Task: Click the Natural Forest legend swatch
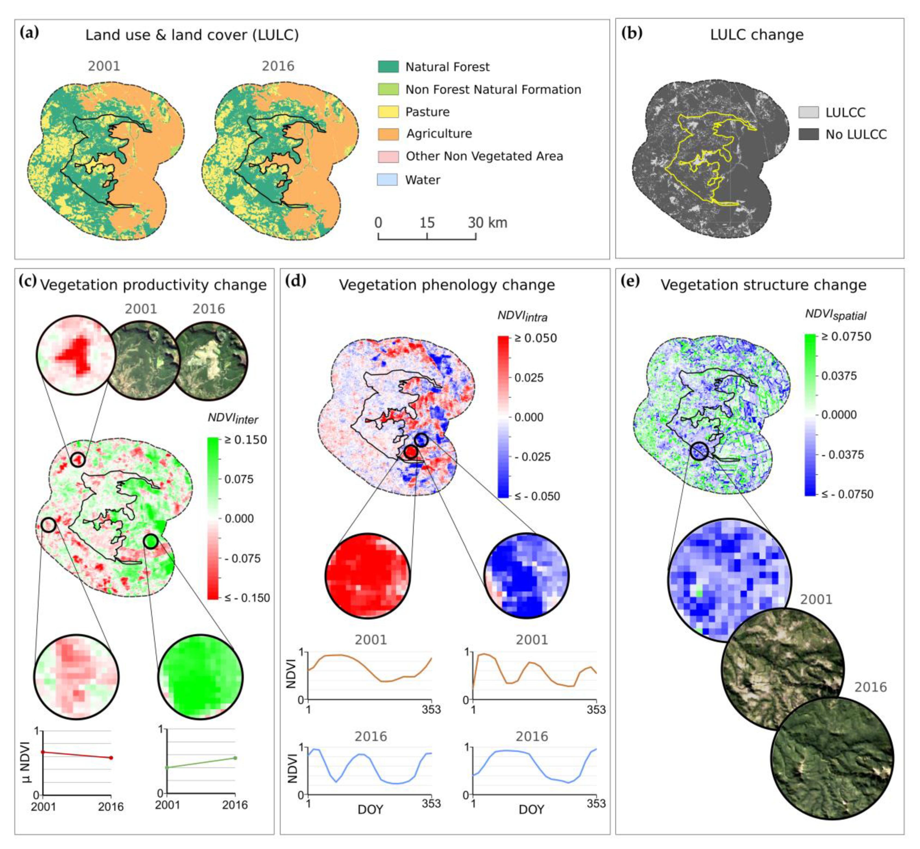(x=388, y=67)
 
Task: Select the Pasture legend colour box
(x=388, y=112)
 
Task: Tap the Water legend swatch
(x=387, y=180)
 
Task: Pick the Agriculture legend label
(x=439, y=134)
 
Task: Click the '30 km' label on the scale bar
(x=487, y=223)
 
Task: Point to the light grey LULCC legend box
(x=808, y=112)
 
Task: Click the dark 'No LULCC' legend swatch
(x=808, y=134)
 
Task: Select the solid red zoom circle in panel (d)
(x=367, y=575)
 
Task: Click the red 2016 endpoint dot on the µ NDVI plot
(x=111, y=757)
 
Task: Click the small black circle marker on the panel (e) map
(x=699, y=451)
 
